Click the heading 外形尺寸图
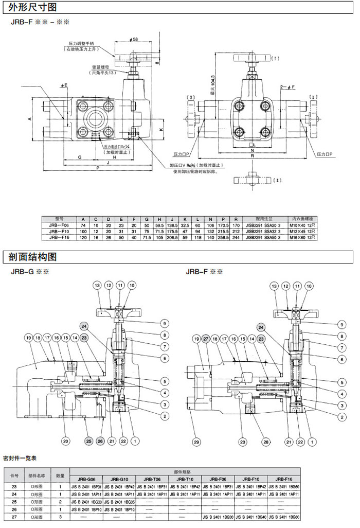[30, 7]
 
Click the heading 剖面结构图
[30, 256]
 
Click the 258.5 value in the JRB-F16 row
[223, 237]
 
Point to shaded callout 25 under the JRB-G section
[89, 441]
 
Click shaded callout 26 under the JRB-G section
[100, 441]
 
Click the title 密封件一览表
[20, 457]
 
